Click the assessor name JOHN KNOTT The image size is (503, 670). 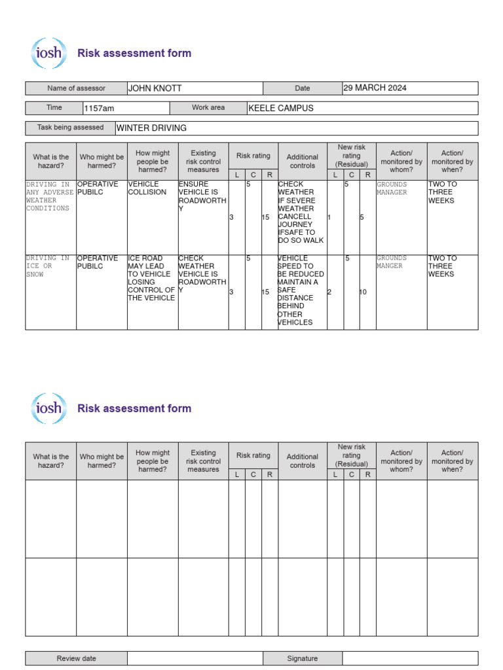click(155, 88)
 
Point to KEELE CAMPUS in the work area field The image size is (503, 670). click(281, 108)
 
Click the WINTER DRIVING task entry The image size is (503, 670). click(151, 128)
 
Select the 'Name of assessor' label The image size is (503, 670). click(75, 88)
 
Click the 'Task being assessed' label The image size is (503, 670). click(70, 128)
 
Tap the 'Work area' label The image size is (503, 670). click(208, 108)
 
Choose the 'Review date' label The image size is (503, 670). click(76, 658)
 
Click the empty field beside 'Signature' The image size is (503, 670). click(410, 658)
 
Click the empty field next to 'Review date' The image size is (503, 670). click(195, 658)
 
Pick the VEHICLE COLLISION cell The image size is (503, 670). click(147, 188)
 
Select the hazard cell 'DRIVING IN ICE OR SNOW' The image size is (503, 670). click(48, 266)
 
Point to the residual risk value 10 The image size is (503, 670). click(363, 292)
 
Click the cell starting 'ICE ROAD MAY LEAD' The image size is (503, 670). click(151, 278)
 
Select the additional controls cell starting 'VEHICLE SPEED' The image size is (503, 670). click(301, 290)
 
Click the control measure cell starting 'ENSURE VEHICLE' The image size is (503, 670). click(202, 196)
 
